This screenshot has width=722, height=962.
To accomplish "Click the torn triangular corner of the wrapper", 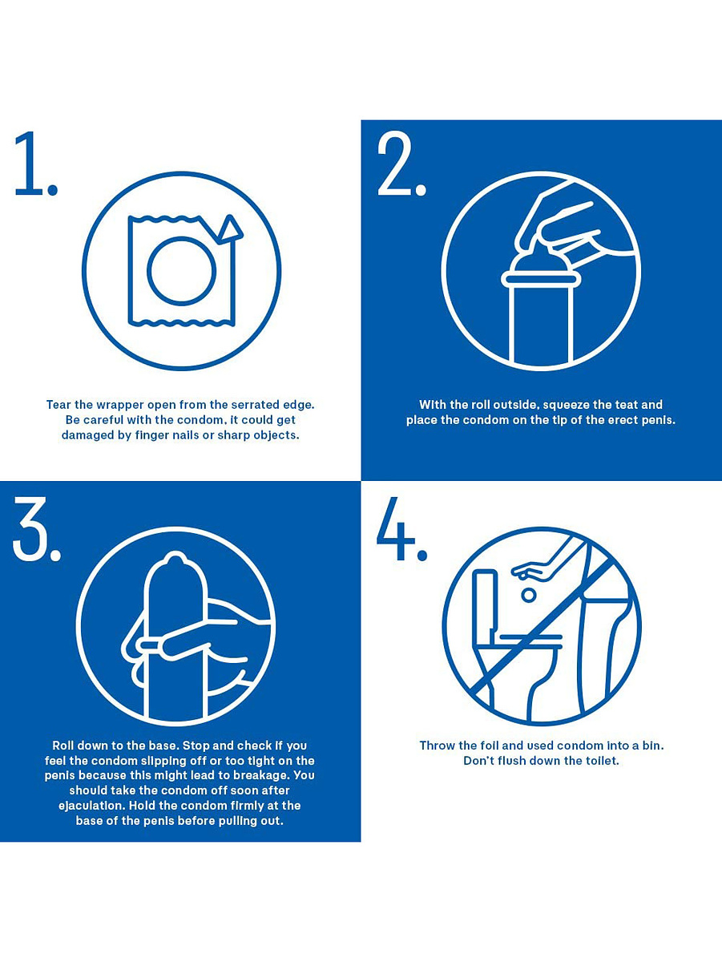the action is click(230, 228).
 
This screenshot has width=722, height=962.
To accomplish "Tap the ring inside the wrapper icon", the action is click(181, 271).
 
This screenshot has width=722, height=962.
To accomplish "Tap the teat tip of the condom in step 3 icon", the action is click(175, 560).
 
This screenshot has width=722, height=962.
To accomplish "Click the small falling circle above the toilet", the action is click(529, 595).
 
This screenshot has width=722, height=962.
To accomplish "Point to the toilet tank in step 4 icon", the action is click(487, 604).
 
